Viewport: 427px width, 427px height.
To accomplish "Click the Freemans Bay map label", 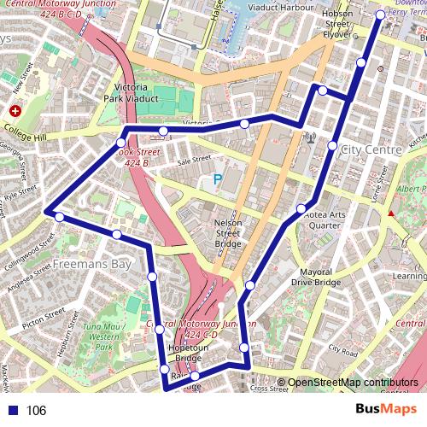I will [x=92, y=265].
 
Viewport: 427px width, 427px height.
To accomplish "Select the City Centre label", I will [x=371, y=149].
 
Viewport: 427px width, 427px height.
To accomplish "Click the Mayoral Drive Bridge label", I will [x=315, y=276].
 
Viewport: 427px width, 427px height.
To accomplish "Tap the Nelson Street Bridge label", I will [x=228, y=232].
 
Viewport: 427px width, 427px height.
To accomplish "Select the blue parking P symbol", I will [x=217, y=179].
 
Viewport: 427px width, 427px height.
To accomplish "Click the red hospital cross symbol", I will [x=15, y=111].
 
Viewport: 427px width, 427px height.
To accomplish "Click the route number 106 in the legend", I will [x=36, y=410].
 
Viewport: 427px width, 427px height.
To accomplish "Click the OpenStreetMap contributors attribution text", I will [x=353, y=383].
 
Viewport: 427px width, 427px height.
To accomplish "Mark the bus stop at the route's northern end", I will [x=380, y=15].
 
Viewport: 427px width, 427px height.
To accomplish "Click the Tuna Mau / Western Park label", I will [x=104, y=336].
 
